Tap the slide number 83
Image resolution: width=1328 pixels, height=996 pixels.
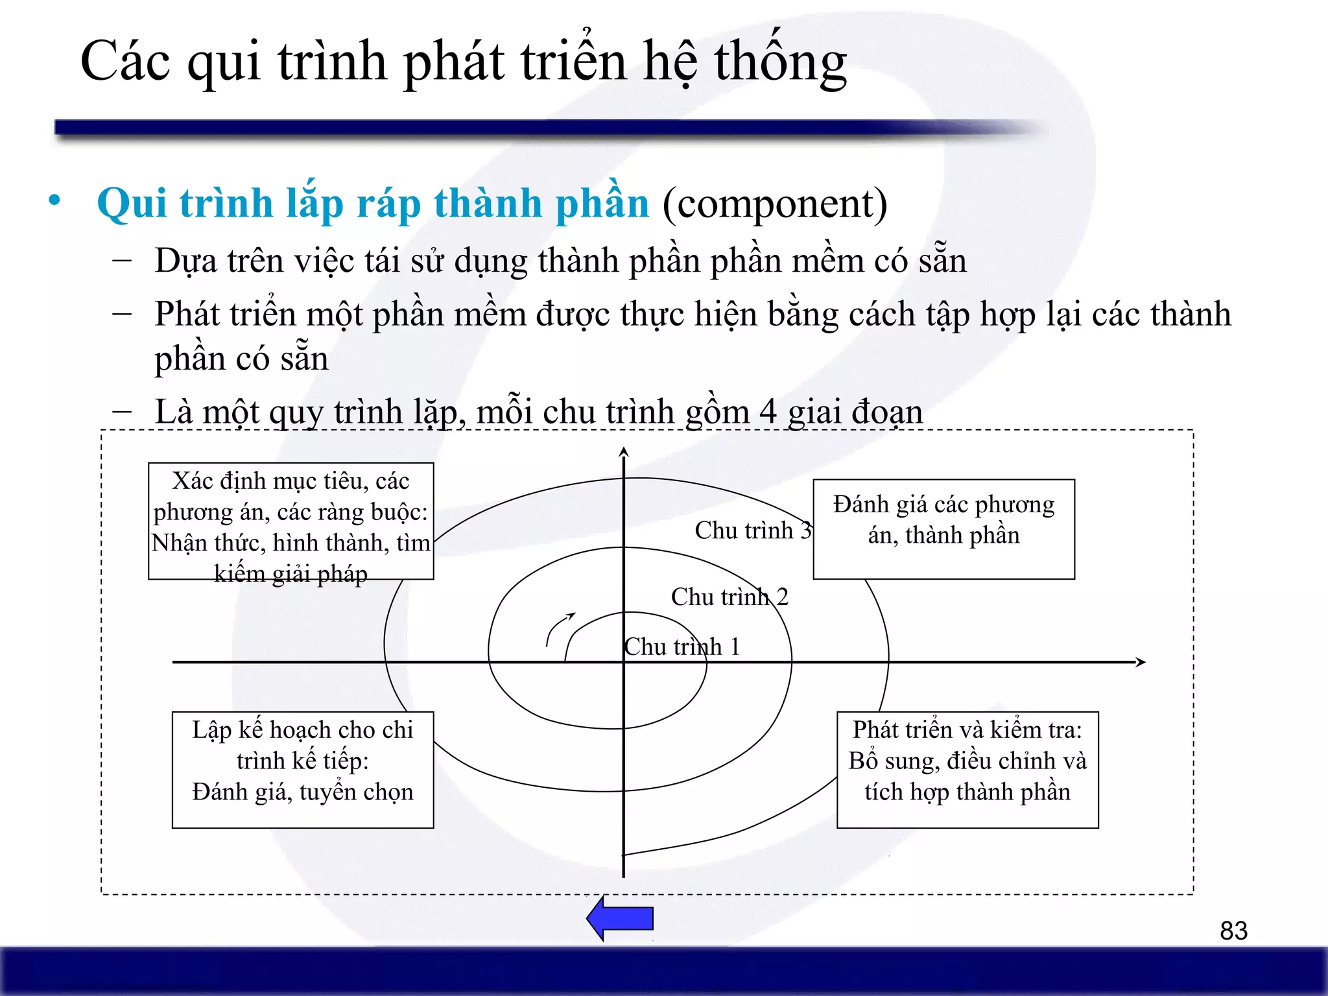[1233, 931]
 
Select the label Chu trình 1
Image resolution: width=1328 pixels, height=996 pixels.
[682, 646]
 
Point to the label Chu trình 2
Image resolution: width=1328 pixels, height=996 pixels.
[729, 597]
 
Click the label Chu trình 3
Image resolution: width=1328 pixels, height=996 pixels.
[753, 530]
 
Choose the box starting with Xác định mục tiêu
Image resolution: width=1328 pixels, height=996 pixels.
[290, 521]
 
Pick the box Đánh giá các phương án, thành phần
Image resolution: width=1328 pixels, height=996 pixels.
[943, 528]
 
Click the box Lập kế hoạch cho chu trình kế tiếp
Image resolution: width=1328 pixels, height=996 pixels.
[302, 769]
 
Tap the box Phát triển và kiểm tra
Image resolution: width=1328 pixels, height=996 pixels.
[967, 769]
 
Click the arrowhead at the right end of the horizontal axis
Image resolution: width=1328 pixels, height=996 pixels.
[1141, 662]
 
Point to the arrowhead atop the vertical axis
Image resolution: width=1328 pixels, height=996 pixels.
[624, 451]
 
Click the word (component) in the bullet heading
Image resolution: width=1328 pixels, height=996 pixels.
[774, 203]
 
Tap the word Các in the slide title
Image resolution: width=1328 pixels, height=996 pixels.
[125, 61]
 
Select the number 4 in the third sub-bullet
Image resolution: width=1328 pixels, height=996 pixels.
[767, 411]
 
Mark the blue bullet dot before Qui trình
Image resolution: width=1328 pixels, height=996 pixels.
[55, 200]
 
